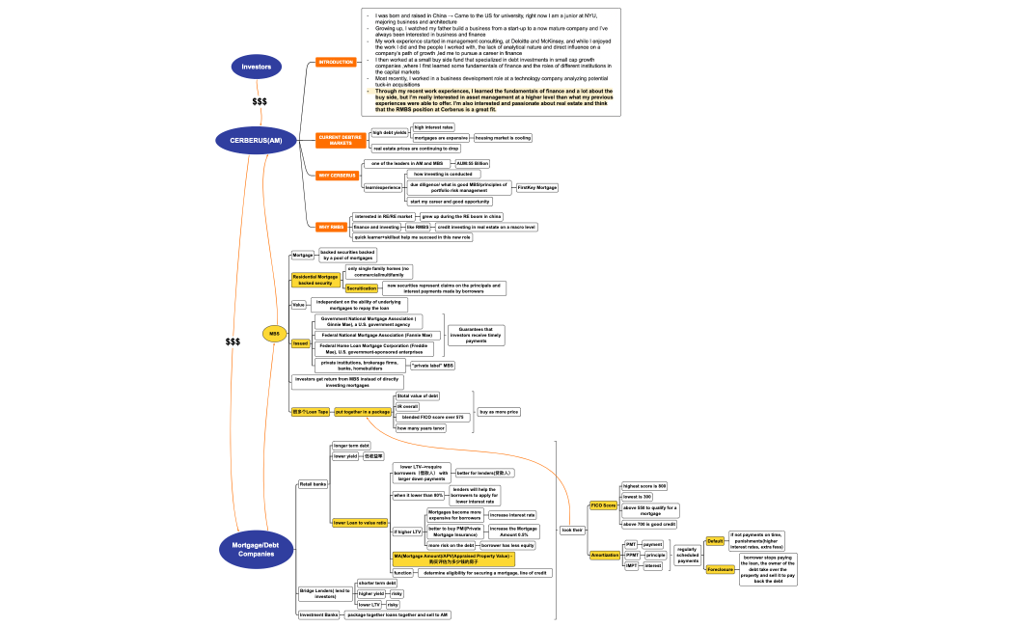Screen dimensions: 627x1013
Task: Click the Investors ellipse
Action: pos(256,67)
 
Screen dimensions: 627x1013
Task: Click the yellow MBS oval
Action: pos(274,334)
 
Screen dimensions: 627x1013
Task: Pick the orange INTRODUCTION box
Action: pos(336,62)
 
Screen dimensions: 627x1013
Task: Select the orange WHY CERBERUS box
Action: pos(337,175)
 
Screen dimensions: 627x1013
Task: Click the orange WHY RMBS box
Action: pos(331,227)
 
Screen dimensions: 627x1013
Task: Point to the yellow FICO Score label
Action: pos(603,505)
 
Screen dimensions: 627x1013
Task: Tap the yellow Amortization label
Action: pos(605,555)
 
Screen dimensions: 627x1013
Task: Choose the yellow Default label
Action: pos(715,541)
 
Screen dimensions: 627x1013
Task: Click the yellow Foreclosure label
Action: pos(720,569)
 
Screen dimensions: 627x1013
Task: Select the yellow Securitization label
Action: pos(361,288)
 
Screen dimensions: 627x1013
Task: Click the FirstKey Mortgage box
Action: pos(537,187)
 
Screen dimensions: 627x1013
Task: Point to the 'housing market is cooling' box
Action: pos(503,138)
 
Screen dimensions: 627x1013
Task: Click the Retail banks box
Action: pos(313,483)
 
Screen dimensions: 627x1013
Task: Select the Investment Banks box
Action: pos(317,614)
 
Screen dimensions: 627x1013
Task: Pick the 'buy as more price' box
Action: pos(499,412)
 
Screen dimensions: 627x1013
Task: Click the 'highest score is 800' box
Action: pos(644,486)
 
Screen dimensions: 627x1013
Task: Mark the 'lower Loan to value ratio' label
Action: pos(360,523)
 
